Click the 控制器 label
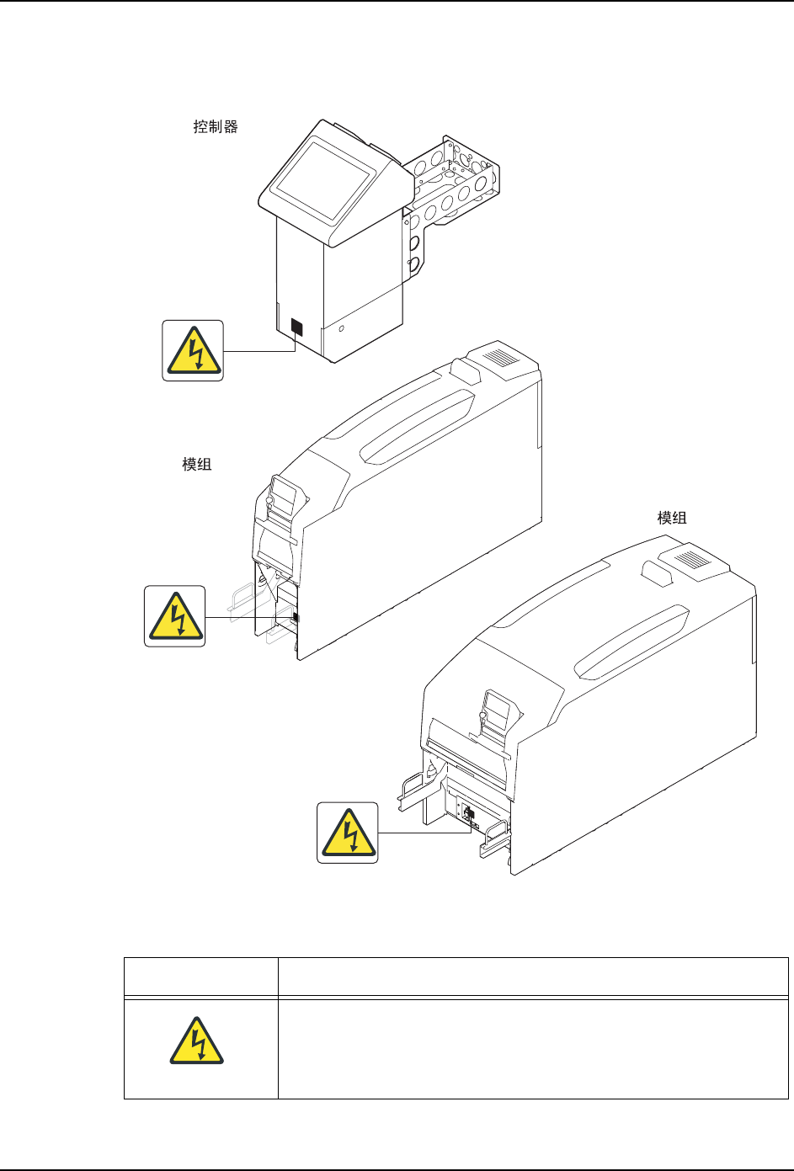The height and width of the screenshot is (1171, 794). pyautogui.click(x=216, y=126)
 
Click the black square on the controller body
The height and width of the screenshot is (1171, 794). pyautogui.click(x=296, y=327)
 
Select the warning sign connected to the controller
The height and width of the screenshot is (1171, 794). pyautogui.click(x=193, y=351)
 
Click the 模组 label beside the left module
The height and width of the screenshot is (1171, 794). pyautogui.click(x=196, y=464)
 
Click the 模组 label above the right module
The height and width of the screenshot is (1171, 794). pyautogui.click(x=672, y=518)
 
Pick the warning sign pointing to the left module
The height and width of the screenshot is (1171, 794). pyautogui.click(x=174, y=616)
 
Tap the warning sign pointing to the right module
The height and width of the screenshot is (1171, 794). pyautogui.click(x=348, y=833)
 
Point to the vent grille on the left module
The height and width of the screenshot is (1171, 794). pyautogui.click(x=499, y=358)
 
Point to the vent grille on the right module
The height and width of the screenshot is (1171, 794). pyautogui.click(x=693, y=561)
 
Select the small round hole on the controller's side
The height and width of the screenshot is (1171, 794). pyautogui.click(x=341, y=328)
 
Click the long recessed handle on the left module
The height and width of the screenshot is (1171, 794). pyautogui.click(x=418, y=426)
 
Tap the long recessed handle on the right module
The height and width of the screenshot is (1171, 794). pyautogui.click(x=631, y=642)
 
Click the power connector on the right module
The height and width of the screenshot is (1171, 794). pyautogui.click(x=468, y=813)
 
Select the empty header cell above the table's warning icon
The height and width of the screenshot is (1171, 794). pyautogui.click(x=200, y=977)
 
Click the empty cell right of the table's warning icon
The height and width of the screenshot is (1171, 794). pyautogui.click(x=533, y=1049)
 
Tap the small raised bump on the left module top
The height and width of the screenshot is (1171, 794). pyautogui.click(x=466, y=370)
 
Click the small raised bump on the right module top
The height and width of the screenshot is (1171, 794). pyautogui.click(x=657, y=573)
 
